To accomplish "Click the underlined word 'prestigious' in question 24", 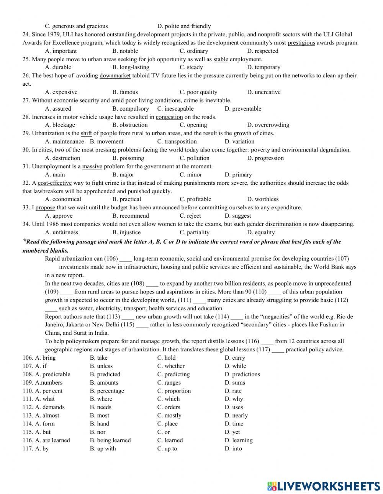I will click(x=301, y=43).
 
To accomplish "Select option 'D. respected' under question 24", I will click(x=262, y=51).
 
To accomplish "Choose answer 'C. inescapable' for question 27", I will click(x=175, y=109).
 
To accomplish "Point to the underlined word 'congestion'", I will click(x=169, y=117).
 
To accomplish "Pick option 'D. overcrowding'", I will click(x=268, y=125).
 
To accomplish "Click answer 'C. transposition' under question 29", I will click(x=177, y=142).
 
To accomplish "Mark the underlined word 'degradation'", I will click(x=334, y=150).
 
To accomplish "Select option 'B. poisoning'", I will click(x=128, y=158).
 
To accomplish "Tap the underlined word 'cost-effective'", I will click(x=55, y=183).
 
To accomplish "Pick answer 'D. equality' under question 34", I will click(x=261, y=232).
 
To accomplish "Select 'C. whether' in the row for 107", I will click(x=171, y=366).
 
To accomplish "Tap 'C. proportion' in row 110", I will click(x=174, y=391).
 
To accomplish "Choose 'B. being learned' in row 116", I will click(x=110, y=440).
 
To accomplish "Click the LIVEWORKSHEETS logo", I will click(x=323, y=486).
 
